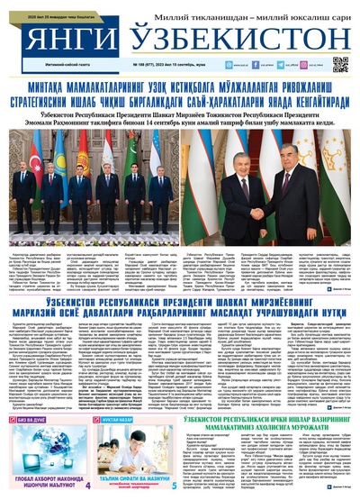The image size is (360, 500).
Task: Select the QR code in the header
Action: click(340, 65)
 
